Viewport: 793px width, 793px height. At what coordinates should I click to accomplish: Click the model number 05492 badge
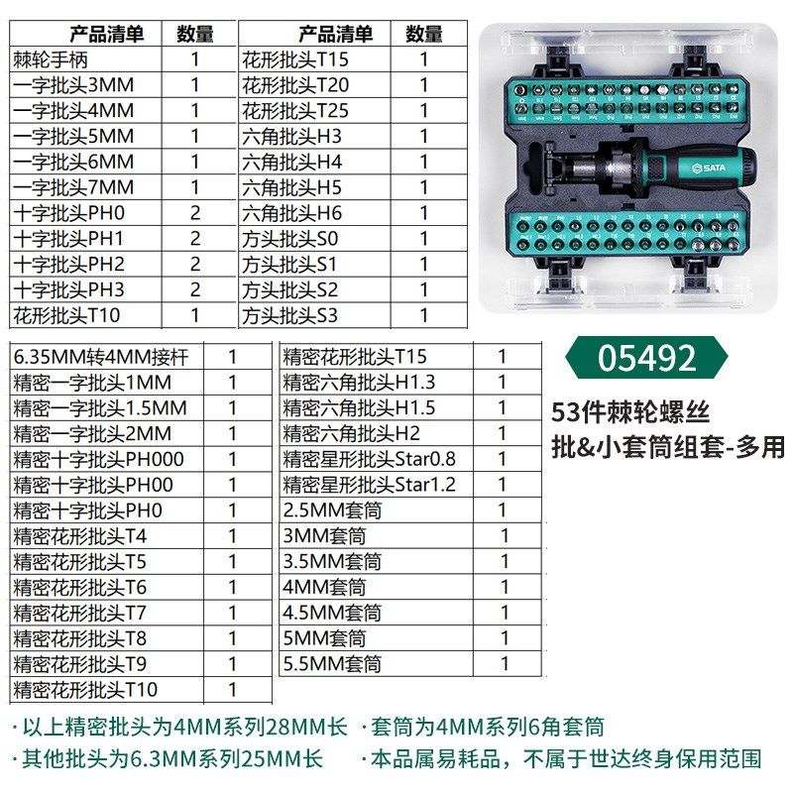click(647, 358)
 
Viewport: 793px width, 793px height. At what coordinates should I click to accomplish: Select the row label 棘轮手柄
click(52, 59)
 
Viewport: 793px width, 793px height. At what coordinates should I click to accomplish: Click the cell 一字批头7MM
click(73, 187)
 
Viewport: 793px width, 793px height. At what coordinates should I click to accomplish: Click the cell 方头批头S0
click(289, 239)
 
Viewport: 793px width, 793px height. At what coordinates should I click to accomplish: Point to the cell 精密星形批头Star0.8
click(370, 459)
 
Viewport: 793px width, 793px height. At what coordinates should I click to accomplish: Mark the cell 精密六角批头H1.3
click(359, 382)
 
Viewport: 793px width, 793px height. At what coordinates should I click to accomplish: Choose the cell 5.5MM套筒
click(332, 664)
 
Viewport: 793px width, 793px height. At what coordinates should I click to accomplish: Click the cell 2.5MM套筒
click(332, 510)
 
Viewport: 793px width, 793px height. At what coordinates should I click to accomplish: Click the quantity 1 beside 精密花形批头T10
click(233, 689)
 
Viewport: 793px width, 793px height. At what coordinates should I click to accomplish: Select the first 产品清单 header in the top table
click(107, 34)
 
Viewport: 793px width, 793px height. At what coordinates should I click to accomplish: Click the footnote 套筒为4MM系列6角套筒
click(486, 728)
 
